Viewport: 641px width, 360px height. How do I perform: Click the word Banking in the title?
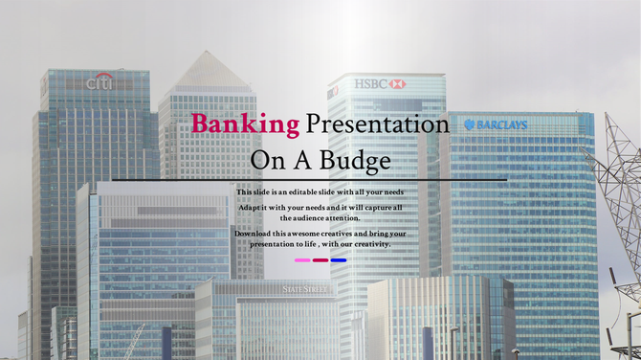245,124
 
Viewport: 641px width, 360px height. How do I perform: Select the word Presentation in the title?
377,124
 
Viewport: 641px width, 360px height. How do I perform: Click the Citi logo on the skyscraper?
99,83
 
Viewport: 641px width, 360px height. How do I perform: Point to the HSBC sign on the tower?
380,84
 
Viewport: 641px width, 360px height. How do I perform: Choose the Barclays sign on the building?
496,124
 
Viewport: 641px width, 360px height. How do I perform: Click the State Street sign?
304,288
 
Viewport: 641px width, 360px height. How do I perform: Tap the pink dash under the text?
302,259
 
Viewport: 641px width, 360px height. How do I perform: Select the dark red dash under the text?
320,259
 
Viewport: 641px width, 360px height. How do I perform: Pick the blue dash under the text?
339,259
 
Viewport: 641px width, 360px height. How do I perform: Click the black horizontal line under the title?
309,179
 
